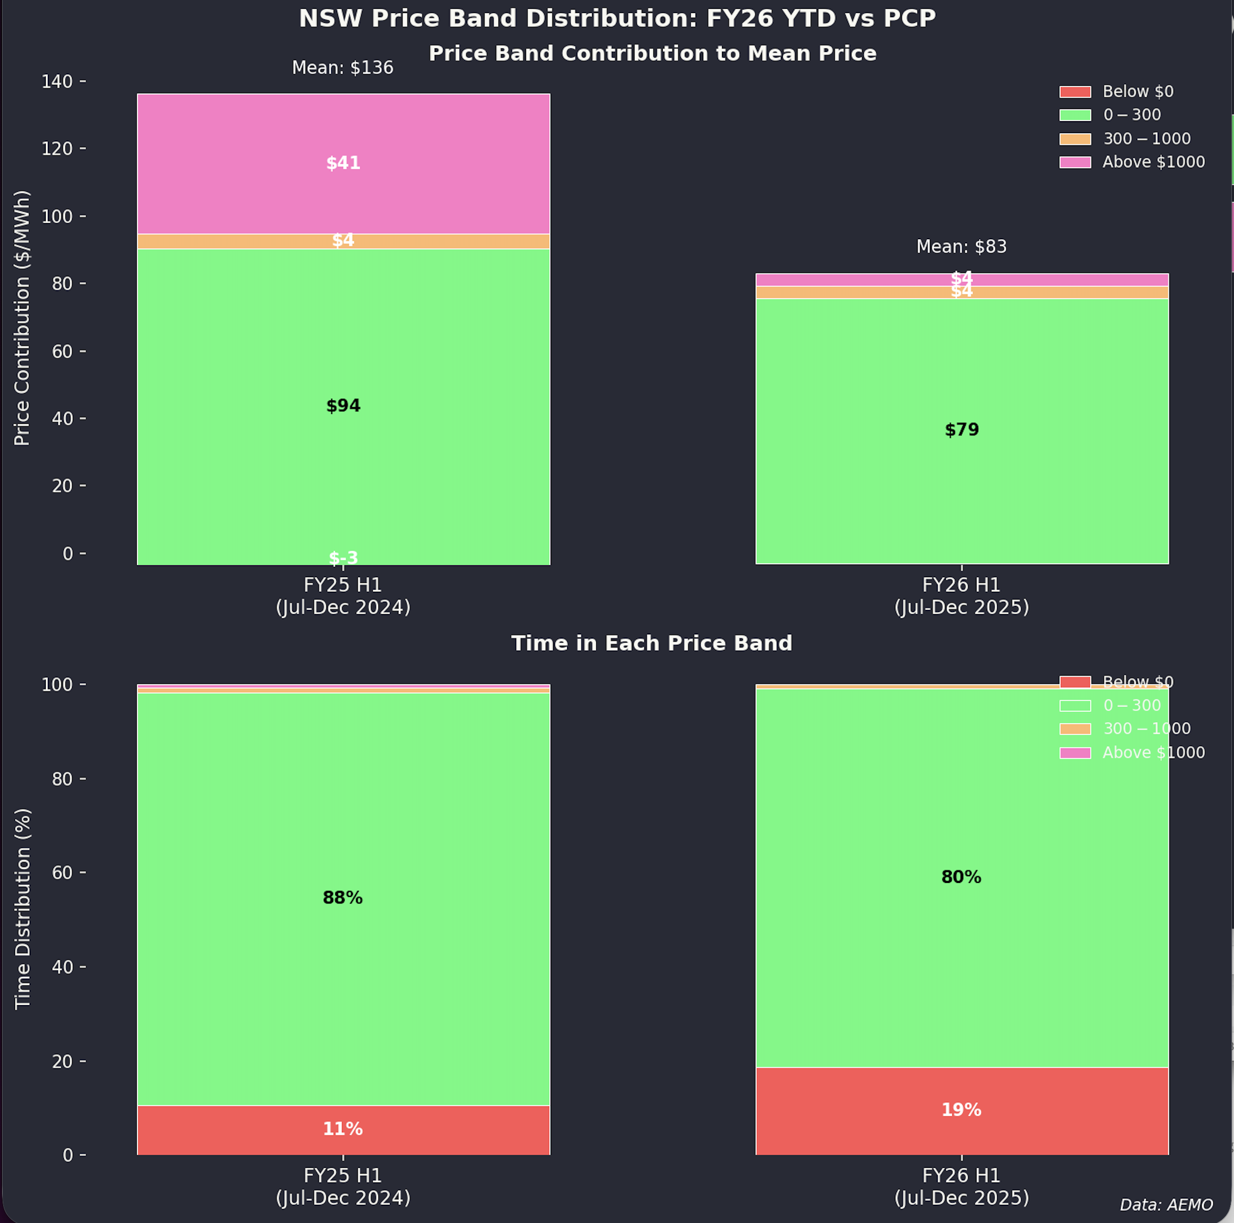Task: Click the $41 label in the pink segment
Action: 343,164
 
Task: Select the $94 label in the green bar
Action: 343,406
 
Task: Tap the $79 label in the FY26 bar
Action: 961,430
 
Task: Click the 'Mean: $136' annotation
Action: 343,68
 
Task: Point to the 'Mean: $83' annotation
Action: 961,246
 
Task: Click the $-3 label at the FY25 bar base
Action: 343,558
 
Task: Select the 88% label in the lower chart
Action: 343,898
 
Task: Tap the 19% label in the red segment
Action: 961,1109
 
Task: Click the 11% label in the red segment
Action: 343,1128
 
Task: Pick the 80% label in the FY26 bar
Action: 961,877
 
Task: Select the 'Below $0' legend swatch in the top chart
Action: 1075,92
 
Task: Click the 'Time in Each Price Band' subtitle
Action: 651,643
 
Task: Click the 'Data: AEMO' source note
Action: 1166,1204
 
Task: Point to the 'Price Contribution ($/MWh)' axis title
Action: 22,318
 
